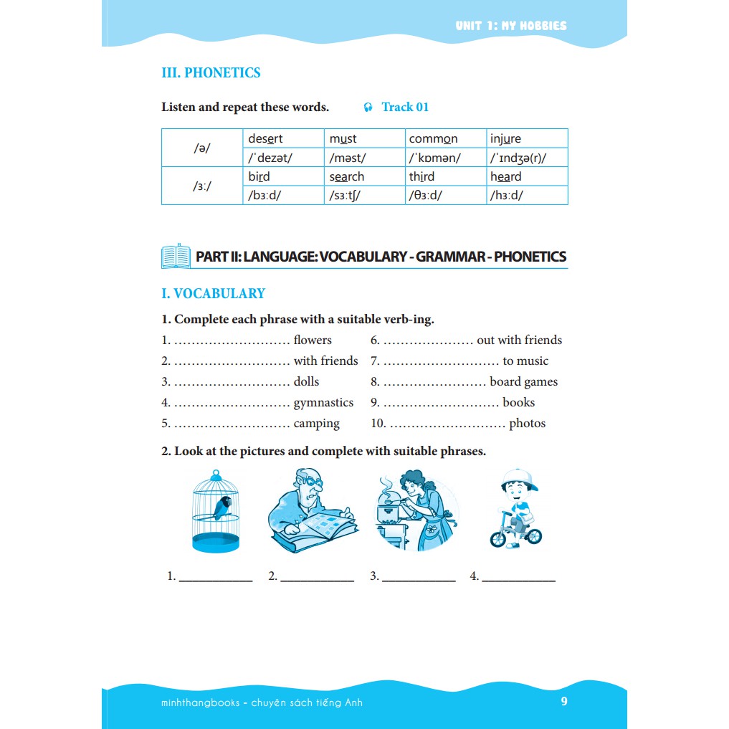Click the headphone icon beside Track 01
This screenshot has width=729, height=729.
(x=368, y=108)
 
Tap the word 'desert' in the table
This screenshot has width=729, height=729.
(x=265, y=138)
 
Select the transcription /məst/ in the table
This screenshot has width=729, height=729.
(x=348, y=158)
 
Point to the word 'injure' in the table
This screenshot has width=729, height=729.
(x=505, y=138)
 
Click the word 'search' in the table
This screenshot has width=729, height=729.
(x=347, y=176)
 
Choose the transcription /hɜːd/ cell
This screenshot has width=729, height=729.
(x=506, y=195)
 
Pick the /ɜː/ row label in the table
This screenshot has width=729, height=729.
(x=202, y=186)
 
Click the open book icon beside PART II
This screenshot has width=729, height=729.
(x=176, y=256)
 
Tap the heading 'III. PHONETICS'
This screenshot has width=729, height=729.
(x=211, y=73)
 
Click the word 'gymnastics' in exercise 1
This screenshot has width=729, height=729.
(x=323, y=403)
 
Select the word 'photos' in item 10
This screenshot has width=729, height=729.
(x=527, y=424)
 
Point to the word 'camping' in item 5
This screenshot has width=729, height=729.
(x=316, y=424)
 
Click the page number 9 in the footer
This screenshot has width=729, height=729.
(x=564, y=702)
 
